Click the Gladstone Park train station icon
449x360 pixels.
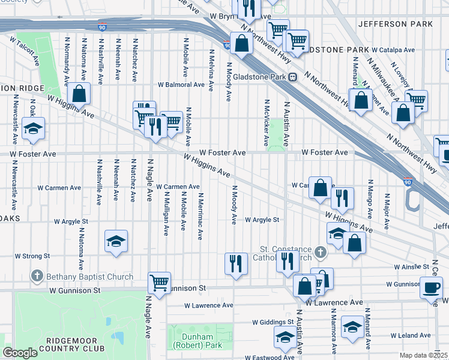tap(292, 76)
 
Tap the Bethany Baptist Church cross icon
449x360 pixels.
tap(37, 277)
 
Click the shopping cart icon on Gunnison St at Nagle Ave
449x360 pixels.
tap(159, 282)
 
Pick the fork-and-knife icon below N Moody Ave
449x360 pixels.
tap(236, 263)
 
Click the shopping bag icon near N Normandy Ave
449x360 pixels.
tap(79, 94)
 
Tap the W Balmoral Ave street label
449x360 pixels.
tap(181, 85)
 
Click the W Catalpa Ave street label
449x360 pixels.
tap(393, 50)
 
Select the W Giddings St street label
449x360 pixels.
tap(274, 322)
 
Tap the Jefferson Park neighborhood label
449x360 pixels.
tap(394, 24)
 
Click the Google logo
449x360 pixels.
tap(20, 353)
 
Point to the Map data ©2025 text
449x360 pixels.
tap(424, 355)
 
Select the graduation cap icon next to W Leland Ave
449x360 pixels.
tap(352, 327)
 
